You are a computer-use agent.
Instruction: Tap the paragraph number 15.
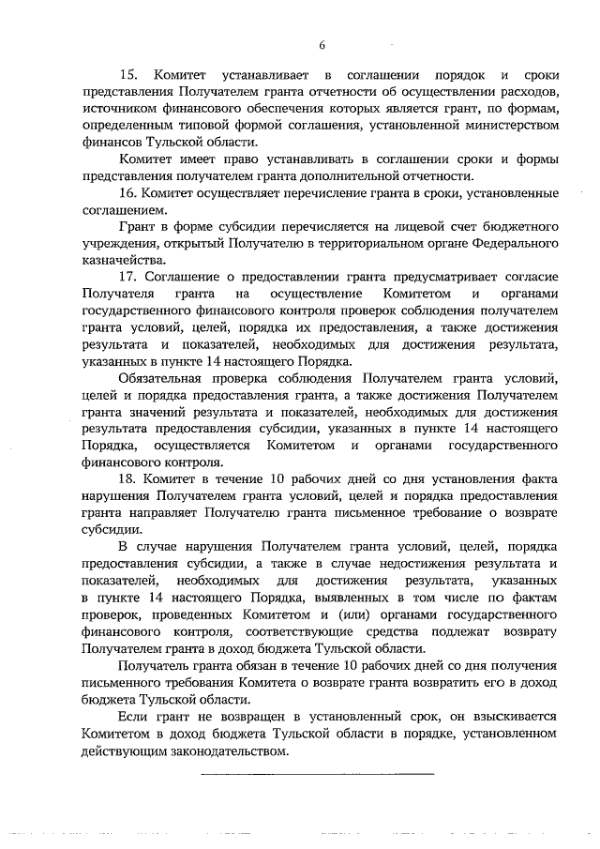pyautogui.click(x=128, y=73)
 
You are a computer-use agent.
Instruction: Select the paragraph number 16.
pyautogui.click(x=128, y=194)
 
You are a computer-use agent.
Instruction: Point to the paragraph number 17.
pyautogui.click(x=128, y=277)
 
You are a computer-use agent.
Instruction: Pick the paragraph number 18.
pyautogui.click(x=128, y=477)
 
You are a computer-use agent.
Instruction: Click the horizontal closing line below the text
pyautogui.click(x=319, y=775)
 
